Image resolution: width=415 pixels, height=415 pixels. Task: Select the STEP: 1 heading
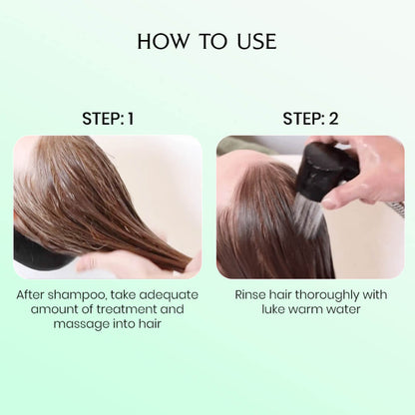pos(107,119)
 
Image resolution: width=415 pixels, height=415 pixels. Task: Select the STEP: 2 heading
pos(310,119)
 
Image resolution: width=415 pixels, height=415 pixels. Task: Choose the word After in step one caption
pos(33,295)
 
